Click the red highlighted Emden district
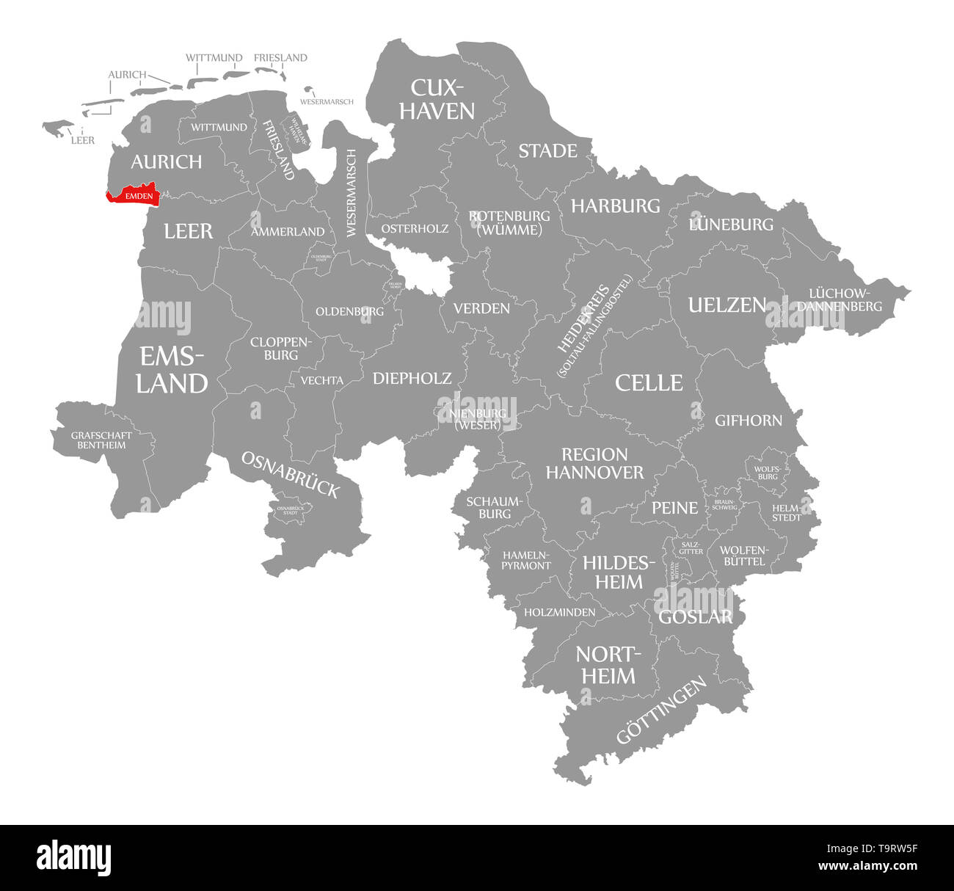point(133,195)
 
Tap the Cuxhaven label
point(442,99)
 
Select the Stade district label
point(547,151)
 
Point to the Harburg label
point(616,206)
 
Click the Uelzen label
point(727,305)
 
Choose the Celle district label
point(649,382)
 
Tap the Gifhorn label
point(749,421)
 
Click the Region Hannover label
point(594,463)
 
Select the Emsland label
point(172,370)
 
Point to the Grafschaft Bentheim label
point(102,440)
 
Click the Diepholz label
point(412,378)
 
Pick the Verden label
point(481,308)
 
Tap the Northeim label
point(608,665)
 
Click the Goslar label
point(695,617)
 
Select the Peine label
point(675,508)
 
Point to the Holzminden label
point(559,611)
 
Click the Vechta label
point(321,380)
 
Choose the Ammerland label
point(288,232)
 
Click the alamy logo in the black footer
point(74,857)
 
